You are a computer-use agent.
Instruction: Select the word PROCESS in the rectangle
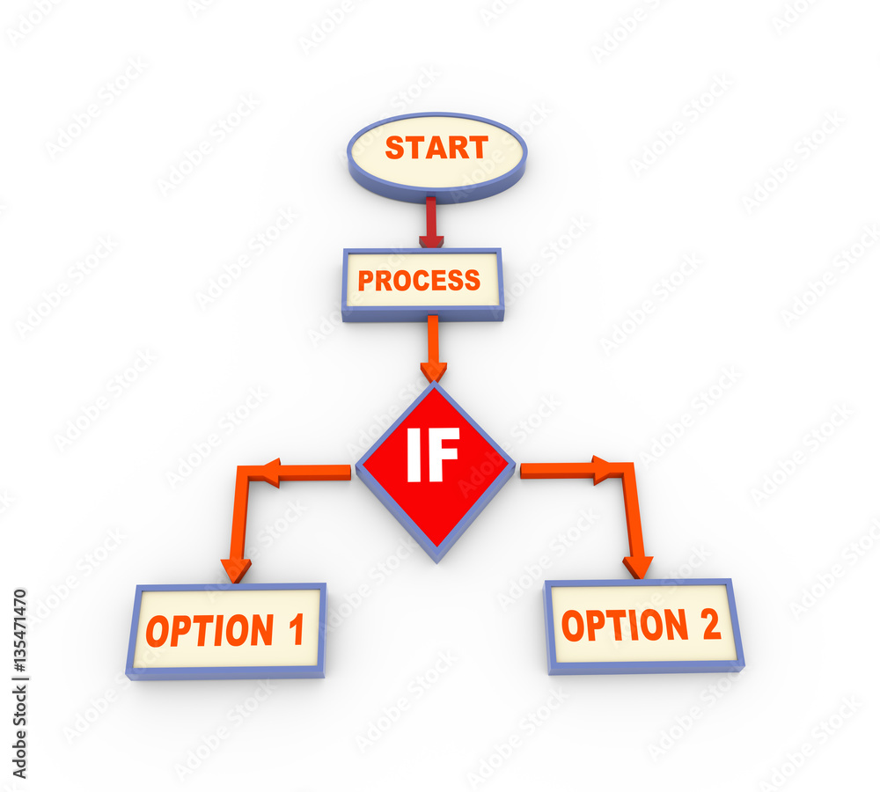point(419,281)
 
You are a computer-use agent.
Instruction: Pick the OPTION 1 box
point(226,630)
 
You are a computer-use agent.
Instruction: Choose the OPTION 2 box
point(642,626)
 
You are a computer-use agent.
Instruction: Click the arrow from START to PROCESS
point(430,222)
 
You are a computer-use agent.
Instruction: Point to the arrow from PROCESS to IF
point(432,347)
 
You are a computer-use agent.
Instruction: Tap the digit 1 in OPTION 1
point(296,630)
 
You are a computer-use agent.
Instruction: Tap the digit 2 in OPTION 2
point(710,624)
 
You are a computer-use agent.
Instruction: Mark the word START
point(436,148)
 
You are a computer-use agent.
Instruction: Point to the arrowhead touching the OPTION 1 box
point(235,569)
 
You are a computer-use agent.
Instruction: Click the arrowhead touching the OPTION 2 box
point(637,566)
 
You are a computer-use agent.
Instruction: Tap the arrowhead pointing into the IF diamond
point(433,371)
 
